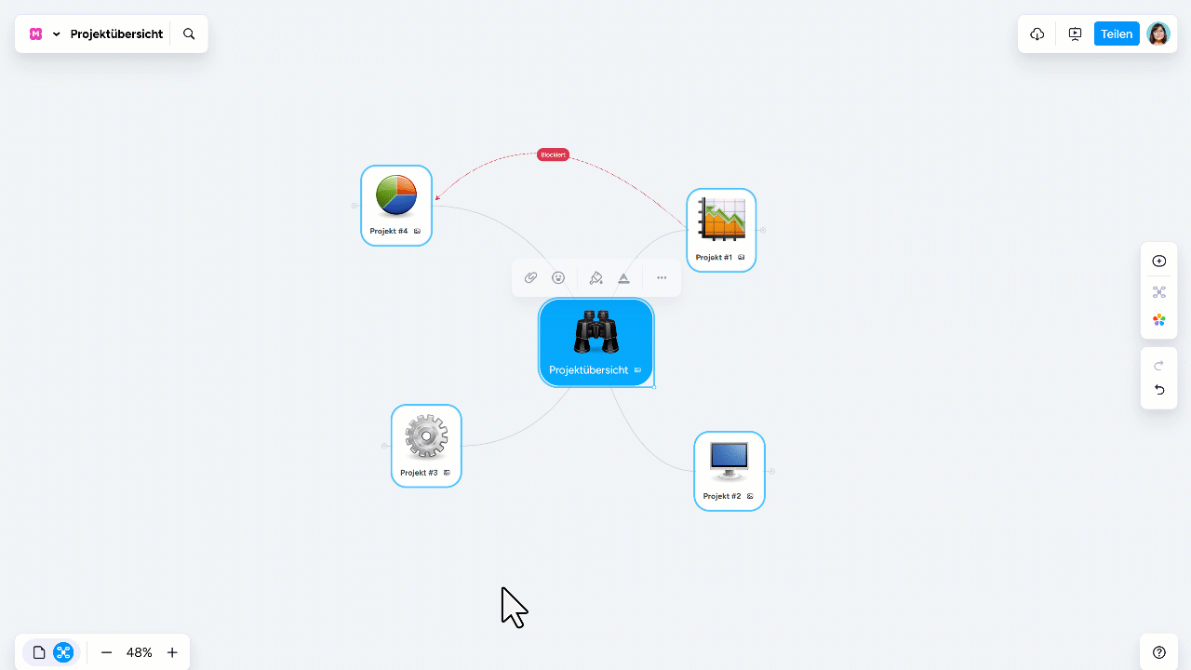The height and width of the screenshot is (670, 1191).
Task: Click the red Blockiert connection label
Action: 553,154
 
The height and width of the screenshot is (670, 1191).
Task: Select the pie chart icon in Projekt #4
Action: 396,194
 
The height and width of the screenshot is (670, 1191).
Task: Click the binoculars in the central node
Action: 596,332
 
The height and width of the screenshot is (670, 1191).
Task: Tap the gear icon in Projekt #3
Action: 426,436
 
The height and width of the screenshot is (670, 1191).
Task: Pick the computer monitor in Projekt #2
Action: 729,461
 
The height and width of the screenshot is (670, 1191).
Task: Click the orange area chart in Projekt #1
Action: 721,219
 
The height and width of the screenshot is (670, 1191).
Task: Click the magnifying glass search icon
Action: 189,34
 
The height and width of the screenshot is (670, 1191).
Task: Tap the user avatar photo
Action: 1158,34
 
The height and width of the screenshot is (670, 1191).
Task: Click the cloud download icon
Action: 1037,34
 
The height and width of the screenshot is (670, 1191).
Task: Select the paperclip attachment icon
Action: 530,277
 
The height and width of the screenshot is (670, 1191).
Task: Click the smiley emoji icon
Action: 558,277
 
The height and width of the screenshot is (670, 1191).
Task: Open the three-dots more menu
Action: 662,277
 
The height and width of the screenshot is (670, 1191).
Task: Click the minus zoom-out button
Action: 106,652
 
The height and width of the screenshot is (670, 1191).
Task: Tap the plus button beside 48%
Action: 172,652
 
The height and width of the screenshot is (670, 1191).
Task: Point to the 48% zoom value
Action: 140,652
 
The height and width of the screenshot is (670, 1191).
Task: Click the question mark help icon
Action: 1159,652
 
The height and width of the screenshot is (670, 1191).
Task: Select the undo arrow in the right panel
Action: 1159,390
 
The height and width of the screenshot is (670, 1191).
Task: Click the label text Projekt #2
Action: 722,496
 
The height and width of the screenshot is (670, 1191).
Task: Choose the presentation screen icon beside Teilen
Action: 1075,34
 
